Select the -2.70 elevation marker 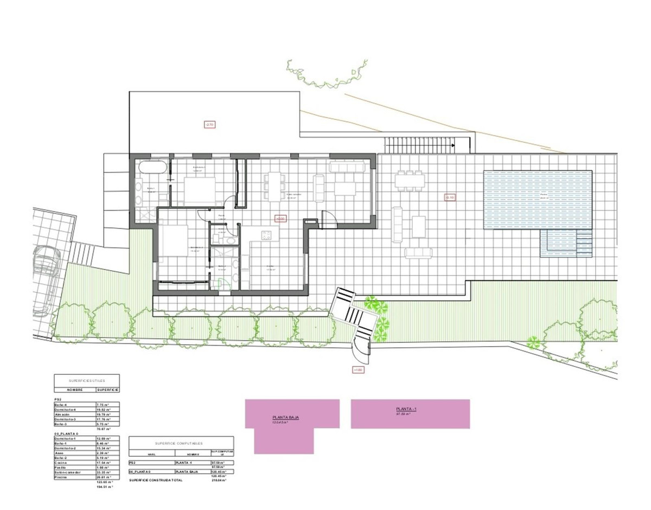(210, 124)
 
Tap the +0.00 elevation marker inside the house (280, 219)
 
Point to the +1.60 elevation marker (358, 370)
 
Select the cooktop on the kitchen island (266, 234)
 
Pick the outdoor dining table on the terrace (409, 180)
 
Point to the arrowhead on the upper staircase (453, 145)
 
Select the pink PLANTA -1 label (406, 409)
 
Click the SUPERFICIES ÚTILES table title (87, 380)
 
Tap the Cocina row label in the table (60, 462)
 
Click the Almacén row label (62, 414)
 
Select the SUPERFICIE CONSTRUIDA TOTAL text (156, 480)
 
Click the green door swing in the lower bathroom (221, 283)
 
